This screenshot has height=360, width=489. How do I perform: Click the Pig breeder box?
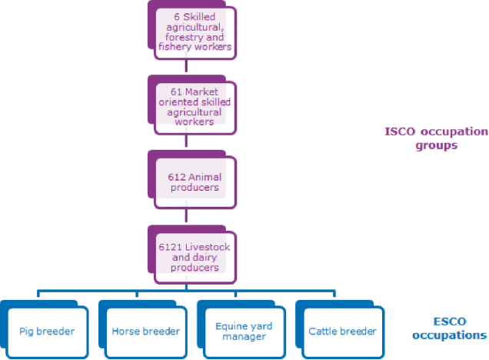coord(47,331)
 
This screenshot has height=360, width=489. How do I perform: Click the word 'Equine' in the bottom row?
coord(227,325)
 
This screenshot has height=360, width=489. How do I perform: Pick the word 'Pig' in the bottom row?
coord(27,332)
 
